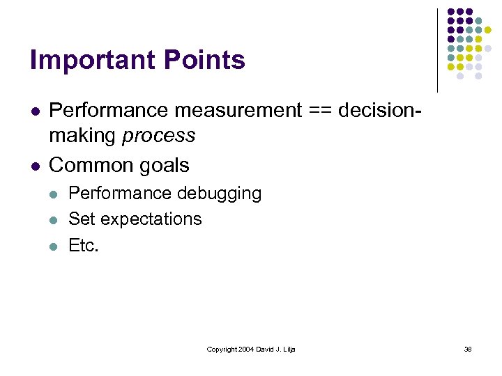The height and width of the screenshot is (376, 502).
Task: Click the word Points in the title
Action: [x=205, y=61]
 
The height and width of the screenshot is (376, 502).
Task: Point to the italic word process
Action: [x=159, y=135]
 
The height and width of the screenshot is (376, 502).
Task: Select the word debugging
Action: [x=220, y=193]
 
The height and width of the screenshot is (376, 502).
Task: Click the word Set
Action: [x=82, y=219]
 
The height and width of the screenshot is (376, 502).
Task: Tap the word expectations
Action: [x=151, y=219]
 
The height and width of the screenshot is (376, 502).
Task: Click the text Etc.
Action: [x=84, y=245]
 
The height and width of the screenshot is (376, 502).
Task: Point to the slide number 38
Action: [x=468, y=349]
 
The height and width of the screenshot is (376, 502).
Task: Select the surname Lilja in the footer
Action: [x=288, y=349]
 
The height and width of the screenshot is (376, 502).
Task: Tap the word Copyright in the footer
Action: [x=220, y=349]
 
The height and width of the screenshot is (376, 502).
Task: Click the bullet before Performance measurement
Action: [x=34, y=111]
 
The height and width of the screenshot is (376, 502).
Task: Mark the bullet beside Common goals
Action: [x=34, y=166]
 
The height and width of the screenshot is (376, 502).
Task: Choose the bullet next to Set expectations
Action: [x=54, y=219]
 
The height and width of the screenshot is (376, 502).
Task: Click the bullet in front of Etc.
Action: [x=54, y=246]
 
